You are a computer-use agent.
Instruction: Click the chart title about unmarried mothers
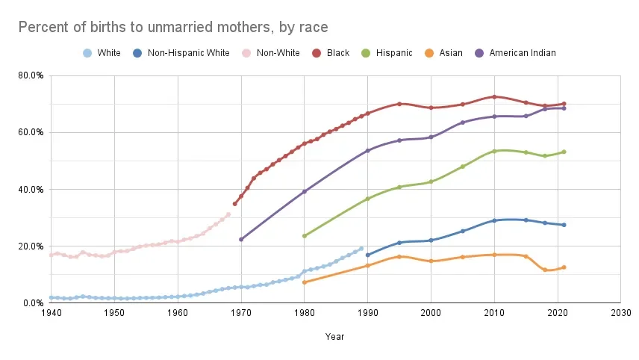[x=173, y=28]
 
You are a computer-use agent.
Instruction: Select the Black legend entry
[x=331, y=53]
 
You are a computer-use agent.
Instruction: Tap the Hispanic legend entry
[x=387, y=53]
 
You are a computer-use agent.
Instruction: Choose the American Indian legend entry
[x=516, y=53]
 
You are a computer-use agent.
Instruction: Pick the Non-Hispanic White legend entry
[x=181, y=53]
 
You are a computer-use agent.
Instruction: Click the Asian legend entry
[x=443, y=53]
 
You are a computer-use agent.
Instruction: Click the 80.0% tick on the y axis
[x=31, y=75]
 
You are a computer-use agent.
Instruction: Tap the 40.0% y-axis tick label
[x=31, y=190]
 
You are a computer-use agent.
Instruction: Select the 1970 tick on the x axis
[x=241, y=313]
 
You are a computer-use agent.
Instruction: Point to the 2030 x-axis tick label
[x=620, y=313]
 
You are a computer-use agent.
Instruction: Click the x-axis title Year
[x=334, y=337]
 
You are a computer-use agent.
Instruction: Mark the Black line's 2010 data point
[x=494, y=97]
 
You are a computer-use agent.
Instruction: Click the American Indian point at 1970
[x=241, y=239]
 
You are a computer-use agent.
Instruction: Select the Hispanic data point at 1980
[x=305, y=236]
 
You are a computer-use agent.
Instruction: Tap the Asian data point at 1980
[x=305, y=282]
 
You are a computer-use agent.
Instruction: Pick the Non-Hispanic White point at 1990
[x=368, y=255]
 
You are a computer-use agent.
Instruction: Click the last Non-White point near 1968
[x=228, y=214]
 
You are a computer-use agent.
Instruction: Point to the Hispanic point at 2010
[x=494, y=152]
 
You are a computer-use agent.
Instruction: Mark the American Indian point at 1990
[x=367, y=150]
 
